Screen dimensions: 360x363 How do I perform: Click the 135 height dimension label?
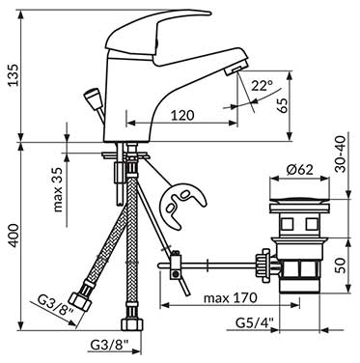click(x=14, y=75)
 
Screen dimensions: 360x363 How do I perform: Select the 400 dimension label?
click(x=14, y=236)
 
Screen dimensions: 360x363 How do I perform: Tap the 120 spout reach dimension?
click(x=182, y=115)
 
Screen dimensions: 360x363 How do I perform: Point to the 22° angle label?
click(x=262, y=86)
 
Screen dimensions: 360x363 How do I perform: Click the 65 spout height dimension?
click(x=283, y=104)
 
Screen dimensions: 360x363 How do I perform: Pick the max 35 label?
click(x=58, y=190)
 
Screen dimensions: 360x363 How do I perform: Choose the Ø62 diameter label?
click(x=299, y=169)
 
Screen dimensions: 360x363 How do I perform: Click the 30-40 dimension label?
click(x=341, y=154)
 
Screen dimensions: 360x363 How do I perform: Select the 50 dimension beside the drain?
click(x=341, y=265)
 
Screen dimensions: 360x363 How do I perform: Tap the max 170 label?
click(x=231, y=297)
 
